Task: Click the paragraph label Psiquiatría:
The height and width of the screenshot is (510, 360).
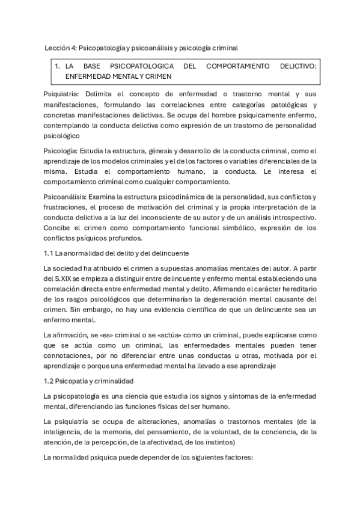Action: [x=63, y=94]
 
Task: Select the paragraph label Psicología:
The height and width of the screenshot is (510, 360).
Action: [x=61, y=150]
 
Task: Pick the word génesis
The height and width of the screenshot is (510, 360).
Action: [x=150, y=150]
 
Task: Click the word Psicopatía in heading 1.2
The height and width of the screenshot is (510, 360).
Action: [x=74, y=381]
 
